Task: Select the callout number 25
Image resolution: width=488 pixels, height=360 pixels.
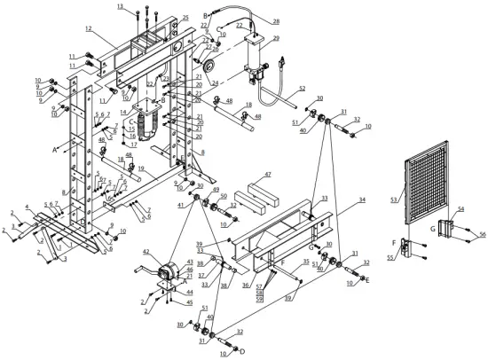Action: coord(185,18)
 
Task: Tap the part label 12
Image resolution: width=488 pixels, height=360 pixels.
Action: coord(89,29)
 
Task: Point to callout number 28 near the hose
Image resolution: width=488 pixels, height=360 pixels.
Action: coord(276,21)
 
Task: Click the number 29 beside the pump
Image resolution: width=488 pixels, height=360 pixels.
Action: coord(276,39)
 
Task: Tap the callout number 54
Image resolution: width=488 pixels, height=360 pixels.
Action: coord(460,209)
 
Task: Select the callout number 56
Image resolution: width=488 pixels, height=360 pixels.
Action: coord(484,234)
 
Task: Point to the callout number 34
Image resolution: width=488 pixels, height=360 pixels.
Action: coord(362,201)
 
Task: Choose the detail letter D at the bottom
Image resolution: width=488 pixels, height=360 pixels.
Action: coord(242,350)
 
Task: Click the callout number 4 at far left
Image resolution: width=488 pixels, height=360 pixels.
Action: coord(28,207)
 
